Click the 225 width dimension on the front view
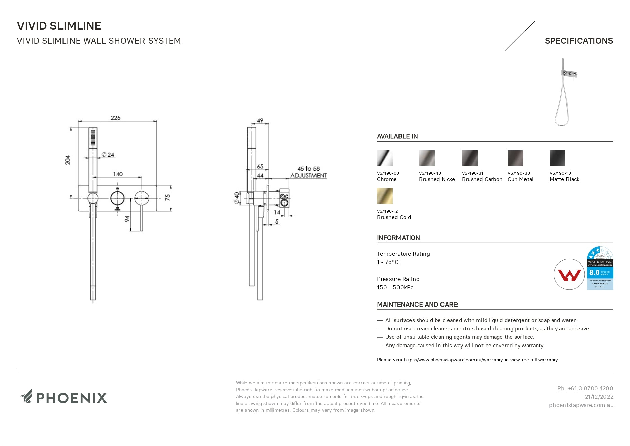(x=115, y=118)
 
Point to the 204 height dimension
(x=68, y=160)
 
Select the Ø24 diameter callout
(x=108, y=155)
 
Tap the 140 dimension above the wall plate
(x=118, y=174)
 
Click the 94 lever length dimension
(x=127, y=219)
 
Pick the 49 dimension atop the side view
(x=260, y=120)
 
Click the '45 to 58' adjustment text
(x=308, y=169)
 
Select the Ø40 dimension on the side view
(x=237, y=198)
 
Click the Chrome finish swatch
(x=385, y=158)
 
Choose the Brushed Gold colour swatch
(x=385, y=196)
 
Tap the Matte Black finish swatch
(x=557, y=158)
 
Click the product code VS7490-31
(x=472, y=173)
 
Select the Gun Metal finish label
(x=520, y=179)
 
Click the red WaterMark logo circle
(x=569, y=274)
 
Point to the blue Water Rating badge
(x=600, y=268)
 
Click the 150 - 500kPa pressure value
(x=395, y=287)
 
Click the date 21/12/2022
(x=599, y=397)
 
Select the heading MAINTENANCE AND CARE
(x=417, y=305)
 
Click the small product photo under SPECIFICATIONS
(x=564, y=92)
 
